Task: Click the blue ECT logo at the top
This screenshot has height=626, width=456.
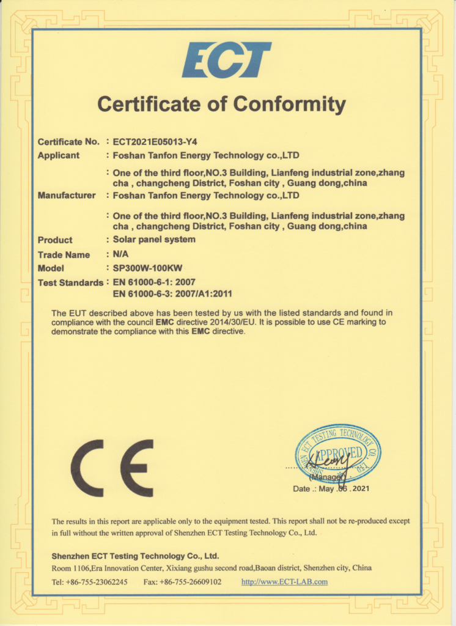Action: pos(226,59)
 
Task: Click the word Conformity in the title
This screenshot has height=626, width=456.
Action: pos(289,104)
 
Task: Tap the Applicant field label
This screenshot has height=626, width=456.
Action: pos(59,155)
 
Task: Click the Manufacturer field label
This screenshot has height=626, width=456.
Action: pos(67,196)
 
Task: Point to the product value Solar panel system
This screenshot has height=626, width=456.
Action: pos(154,240)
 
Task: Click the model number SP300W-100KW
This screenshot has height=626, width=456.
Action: pos(148,268)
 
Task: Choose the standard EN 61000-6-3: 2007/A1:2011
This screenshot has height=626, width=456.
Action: pos(172,293)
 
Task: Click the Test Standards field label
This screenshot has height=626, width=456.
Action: pos(70,283)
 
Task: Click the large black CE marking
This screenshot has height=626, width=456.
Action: pos(112,468)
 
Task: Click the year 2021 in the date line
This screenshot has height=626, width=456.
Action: pos(360,488)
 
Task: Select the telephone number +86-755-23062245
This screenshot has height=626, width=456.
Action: pos(98,581)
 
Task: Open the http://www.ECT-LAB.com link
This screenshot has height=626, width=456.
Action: pos(284,581)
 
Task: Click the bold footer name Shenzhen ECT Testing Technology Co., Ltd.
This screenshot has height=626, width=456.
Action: pos(135,556)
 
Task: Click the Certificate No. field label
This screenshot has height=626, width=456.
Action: pos(68,142)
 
